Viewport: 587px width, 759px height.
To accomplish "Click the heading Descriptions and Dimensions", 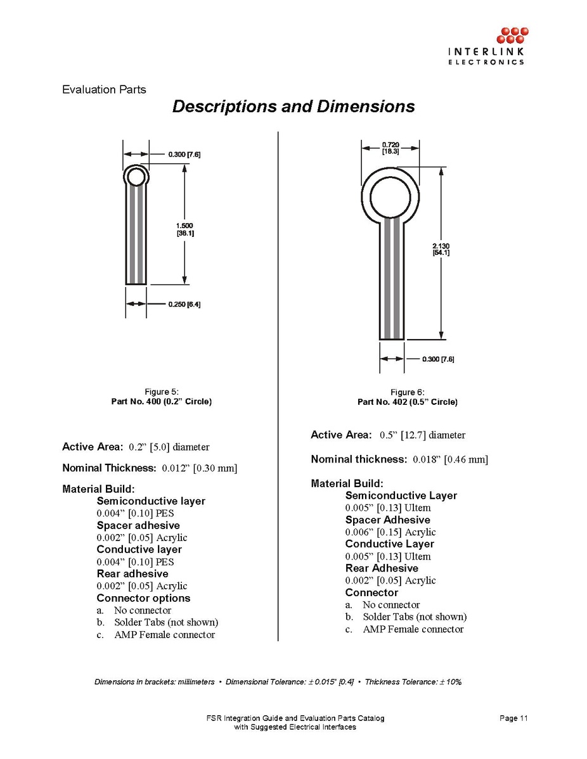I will pos(293,106).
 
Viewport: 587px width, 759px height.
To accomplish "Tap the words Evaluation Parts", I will pos(104,89).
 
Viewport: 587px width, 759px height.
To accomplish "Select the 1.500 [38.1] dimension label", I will pos(184,229).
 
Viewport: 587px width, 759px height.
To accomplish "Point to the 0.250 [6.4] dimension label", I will pos(184,305).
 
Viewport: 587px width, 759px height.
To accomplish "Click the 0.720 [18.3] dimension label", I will pos(390,149).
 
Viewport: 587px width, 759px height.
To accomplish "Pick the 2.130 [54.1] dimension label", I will pos(441,249).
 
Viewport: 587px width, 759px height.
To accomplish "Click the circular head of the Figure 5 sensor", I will pos(136,176).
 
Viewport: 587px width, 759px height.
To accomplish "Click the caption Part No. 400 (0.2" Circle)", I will pos(162,402).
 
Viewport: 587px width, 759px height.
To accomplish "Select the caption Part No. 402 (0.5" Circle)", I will pos(408,402).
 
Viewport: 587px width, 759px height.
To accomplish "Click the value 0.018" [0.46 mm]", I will pos(450,459).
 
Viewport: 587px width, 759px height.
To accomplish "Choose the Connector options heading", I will pos(143,598).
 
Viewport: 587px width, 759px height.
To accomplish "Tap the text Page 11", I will pos(513,718).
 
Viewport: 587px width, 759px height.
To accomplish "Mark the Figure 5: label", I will pos(162,392).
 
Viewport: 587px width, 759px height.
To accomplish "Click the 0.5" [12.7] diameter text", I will pos(422,435).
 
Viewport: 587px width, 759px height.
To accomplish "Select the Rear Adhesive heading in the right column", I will pos(382,568).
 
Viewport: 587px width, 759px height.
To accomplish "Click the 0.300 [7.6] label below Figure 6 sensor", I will pos(438,360).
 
